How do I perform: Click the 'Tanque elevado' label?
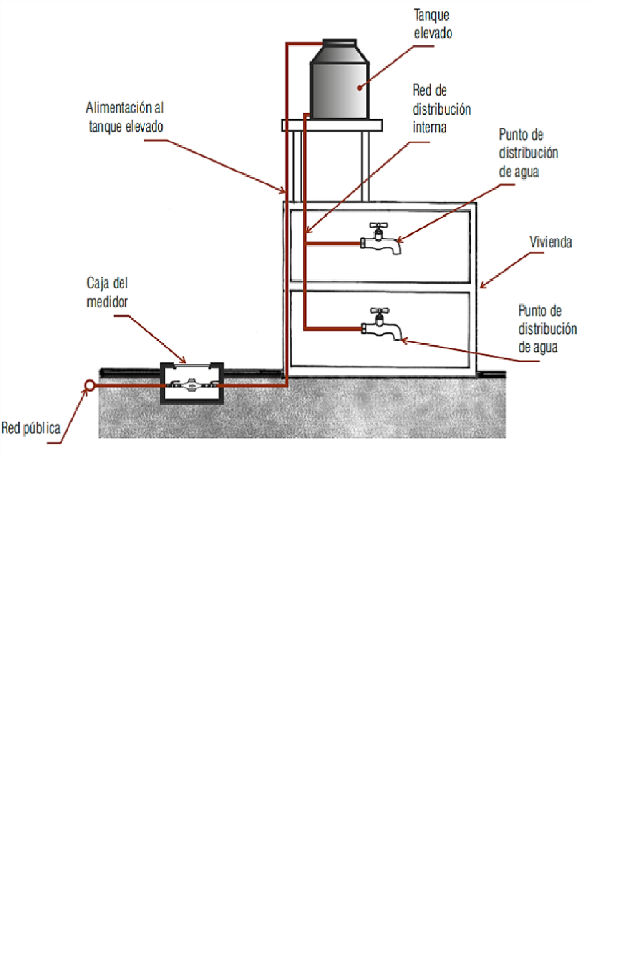coord(433,24)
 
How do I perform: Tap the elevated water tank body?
coord(340,81)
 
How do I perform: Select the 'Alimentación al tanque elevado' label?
coord(125,117)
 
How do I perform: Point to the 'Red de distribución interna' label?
coord(442,109)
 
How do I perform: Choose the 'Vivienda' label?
coord(550,242)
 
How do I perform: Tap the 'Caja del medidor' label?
coord(107,292)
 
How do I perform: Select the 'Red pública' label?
coord(31,428)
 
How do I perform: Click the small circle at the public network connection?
coord(90,385)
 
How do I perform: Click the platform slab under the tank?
coord(332,125)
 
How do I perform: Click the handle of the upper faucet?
coord(378,225)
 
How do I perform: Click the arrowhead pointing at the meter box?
coord(183,360)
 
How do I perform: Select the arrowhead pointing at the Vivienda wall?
coord(483,285)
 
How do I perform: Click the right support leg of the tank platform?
coord(365,166)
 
